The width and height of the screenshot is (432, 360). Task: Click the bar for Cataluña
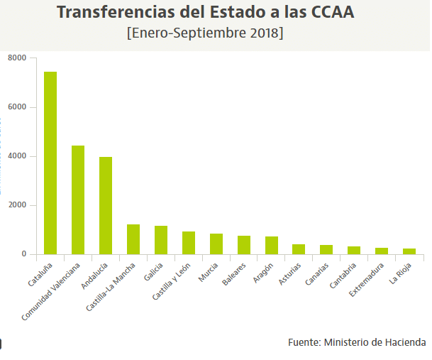(x=50, y=163)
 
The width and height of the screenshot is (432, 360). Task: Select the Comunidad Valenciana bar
(x=78, y=200)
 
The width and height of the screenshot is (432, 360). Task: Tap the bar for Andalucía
(x=106, y=205)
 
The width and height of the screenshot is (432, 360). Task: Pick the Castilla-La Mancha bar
(x=133, y=239)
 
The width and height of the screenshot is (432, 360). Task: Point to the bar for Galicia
(x=161, y=240)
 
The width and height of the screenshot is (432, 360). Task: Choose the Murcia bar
(x=216, y=244)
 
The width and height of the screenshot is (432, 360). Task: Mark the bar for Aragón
(x=272, y=245)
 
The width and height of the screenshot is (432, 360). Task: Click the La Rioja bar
(x=409, y=251)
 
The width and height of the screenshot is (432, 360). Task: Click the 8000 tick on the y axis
(x=17, y=58)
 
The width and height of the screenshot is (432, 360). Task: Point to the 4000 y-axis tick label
(x=17, y=156)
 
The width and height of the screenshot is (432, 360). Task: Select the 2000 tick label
(x=17, y=205)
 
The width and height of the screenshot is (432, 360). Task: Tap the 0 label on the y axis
(x=23, y=254)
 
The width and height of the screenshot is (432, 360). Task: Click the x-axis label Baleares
(x=236, y=274)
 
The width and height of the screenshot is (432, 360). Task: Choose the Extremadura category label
(x=369, y=280)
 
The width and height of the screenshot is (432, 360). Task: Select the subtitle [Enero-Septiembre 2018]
(x=205, y=33)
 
